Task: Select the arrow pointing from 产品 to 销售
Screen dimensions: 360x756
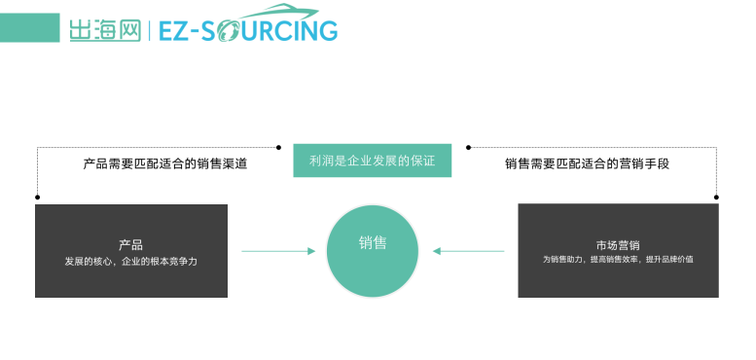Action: point(278,251)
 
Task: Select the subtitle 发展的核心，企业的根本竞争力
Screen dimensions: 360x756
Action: point(131,262)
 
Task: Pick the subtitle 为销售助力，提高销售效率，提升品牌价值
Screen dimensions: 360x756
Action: point(617,261)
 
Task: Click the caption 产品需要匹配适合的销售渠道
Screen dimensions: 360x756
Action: point(165,163)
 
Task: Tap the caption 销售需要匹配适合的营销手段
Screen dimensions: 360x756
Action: point(588,163)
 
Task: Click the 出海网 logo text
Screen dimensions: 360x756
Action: point(104,31)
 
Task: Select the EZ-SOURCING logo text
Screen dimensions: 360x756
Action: point(247,31)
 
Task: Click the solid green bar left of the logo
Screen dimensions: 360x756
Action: point(29,28)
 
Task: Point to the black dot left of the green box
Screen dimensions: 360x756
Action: point(279,147)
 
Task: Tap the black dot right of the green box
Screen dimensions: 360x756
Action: point(468,147)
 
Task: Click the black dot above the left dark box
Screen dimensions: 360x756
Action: point(37,197)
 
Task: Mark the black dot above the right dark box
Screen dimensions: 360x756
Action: point(717,197)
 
